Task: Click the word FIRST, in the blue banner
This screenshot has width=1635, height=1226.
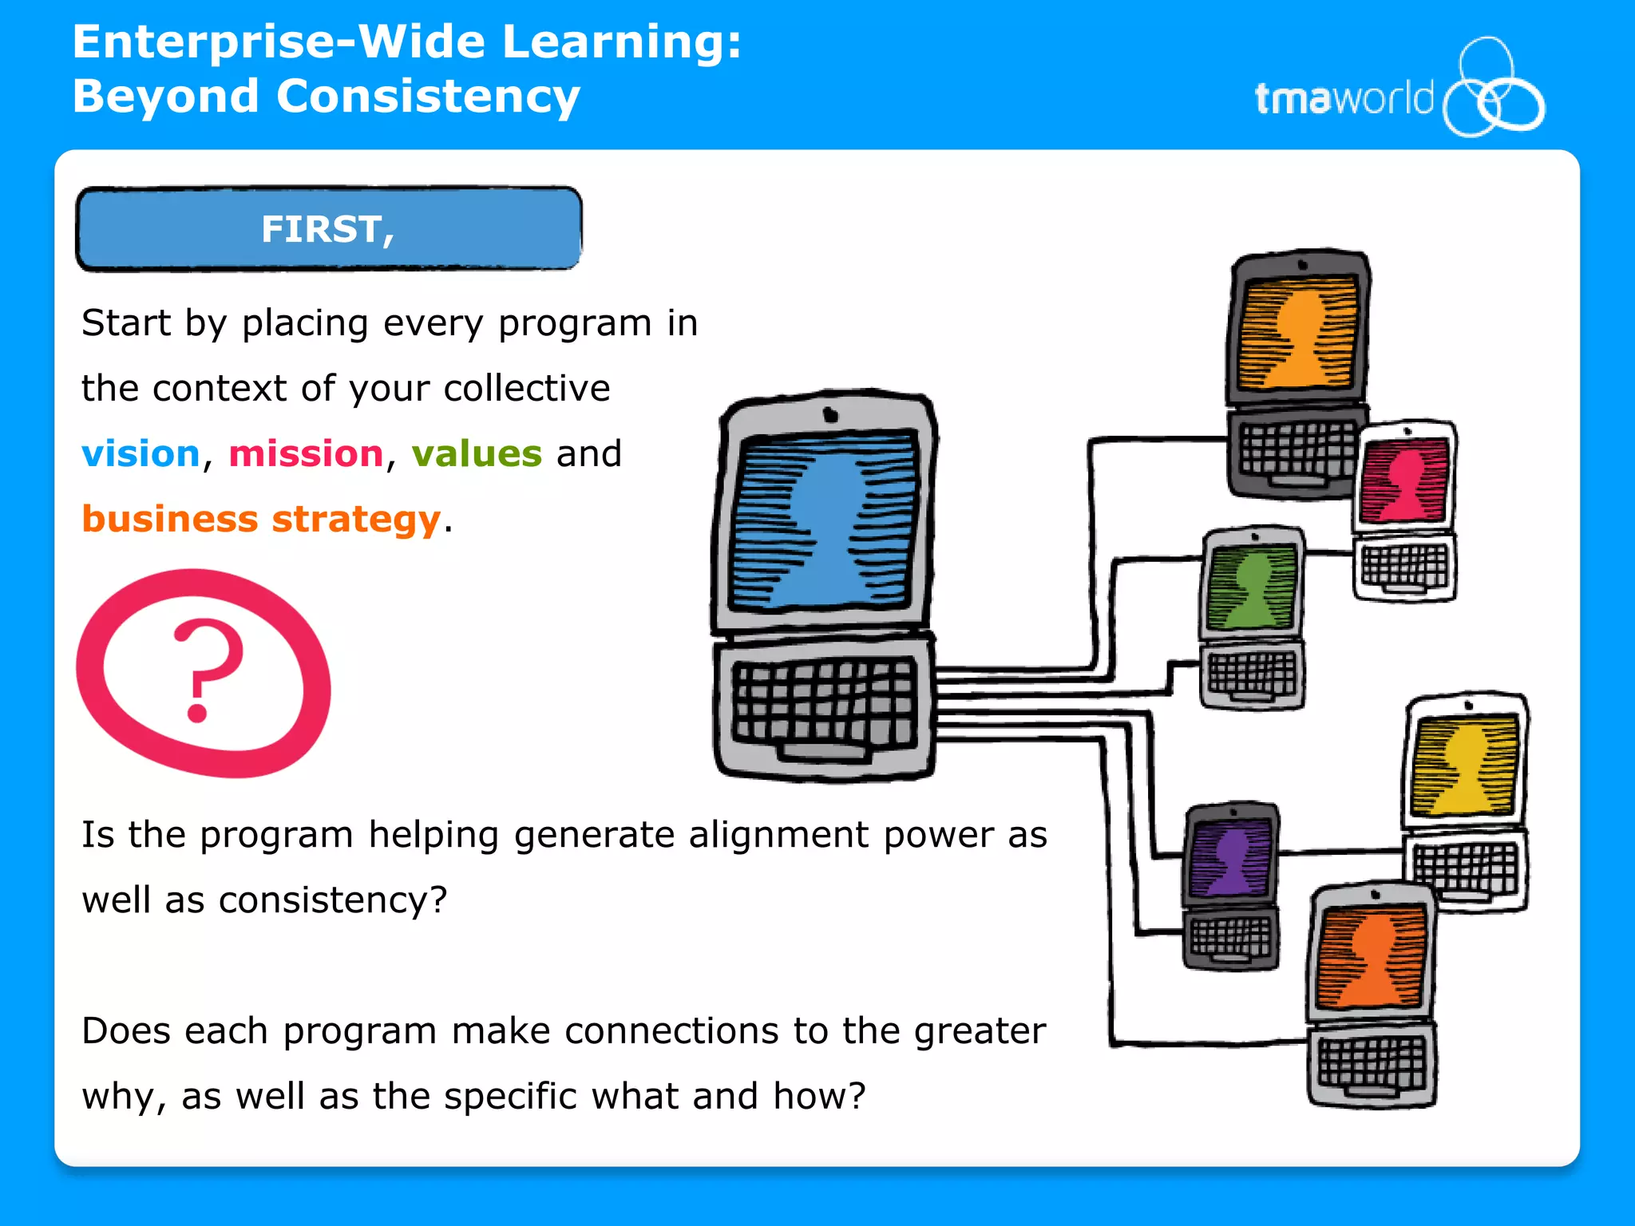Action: point(327,230)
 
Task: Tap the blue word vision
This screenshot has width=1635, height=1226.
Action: point(141,454)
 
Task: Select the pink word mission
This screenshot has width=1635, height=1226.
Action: point(306,454)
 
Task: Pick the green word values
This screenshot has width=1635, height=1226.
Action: point(477,454)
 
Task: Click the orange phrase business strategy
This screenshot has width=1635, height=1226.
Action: point(261,520)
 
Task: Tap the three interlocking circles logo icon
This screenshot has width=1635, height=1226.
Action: point(1492,89)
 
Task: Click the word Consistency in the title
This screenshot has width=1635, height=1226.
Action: point(428,97)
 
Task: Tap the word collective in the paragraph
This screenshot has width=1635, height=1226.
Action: point(527,389)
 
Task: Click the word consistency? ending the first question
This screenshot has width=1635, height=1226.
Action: point(332,901)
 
